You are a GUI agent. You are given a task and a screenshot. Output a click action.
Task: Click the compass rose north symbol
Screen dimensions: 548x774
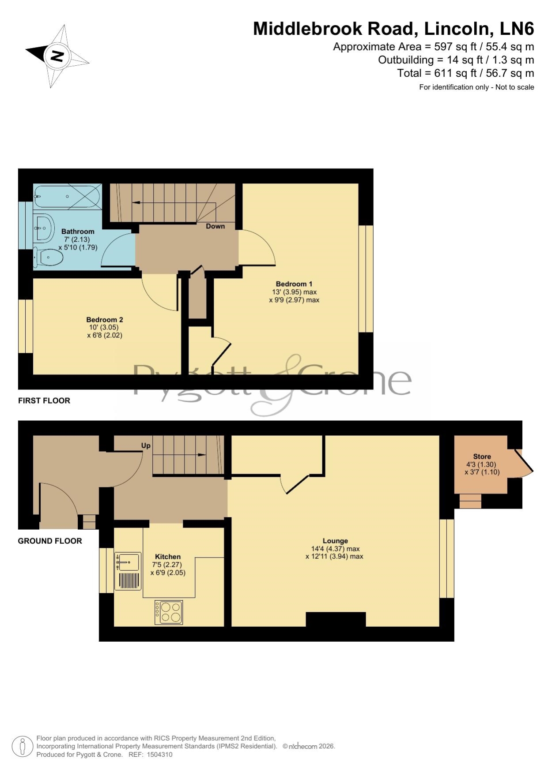(x=57, y=56)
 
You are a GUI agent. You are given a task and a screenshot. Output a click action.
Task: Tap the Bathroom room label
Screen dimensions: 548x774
(x=78, y=232)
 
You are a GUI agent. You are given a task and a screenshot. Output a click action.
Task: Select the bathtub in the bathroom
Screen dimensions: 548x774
(x=68, y=196)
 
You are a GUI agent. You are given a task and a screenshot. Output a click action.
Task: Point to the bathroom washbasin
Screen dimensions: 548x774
(x=43, y=228)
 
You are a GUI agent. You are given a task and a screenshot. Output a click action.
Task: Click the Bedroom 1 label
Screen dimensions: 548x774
(x=294, y=284)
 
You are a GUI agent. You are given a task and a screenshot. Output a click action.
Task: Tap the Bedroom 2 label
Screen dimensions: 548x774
(x=105, y=320)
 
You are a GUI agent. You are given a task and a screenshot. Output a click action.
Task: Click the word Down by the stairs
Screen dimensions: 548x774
(x=215, y=226)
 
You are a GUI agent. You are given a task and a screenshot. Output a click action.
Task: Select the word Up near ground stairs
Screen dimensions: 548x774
(x=146, y=445)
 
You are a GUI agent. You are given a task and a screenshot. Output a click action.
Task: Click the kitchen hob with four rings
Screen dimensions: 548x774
(x=169, y=612)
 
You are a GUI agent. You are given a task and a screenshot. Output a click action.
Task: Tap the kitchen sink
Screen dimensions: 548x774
(x=128, y=571)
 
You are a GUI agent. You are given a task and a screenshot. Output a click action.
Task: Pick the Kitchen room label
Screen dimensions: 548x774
(x=168, y=557)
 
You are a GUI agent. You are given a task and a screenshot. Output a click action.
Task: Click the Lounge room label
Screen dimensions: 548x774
(x=335, y=541)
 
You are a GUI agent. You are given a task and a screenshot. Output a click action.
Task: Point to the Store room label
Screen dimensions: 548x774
(x=482, y=456)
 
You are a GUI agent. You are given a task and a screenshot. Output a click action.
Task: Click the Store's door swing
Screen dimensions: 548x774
(x=524, y=463)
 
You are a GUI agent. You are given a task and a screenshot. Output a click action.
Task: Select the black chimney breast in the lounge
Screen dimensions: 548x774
(x=336, y=619)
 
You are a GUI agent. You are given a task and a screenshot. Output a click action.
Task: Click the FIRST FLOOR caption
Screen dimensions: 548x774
(x=44, y=400)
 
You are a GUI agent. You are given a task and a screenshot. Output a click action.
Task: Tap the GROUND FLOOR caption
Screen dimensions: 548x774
(x=50, y=541)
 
